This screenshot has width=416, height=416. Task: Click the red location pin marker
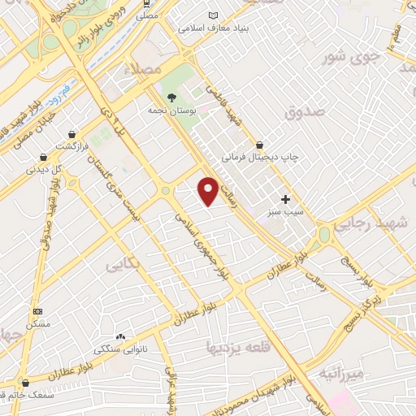click(208, 191)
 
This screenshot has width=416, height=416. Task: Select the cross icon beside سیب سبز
click(285, 199)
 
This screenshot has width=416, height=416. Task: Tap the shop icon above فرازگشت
click(73, 133)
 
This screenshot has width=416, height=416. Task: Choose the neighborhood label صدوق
click(305, 110)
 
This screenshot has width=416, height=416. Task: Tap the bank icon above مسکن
click(37, 311)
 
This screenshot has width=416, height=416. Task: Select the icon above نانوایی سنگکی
click(120, 336)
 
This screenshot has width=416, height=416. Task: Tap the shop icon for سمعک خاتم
click(25, 383)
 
